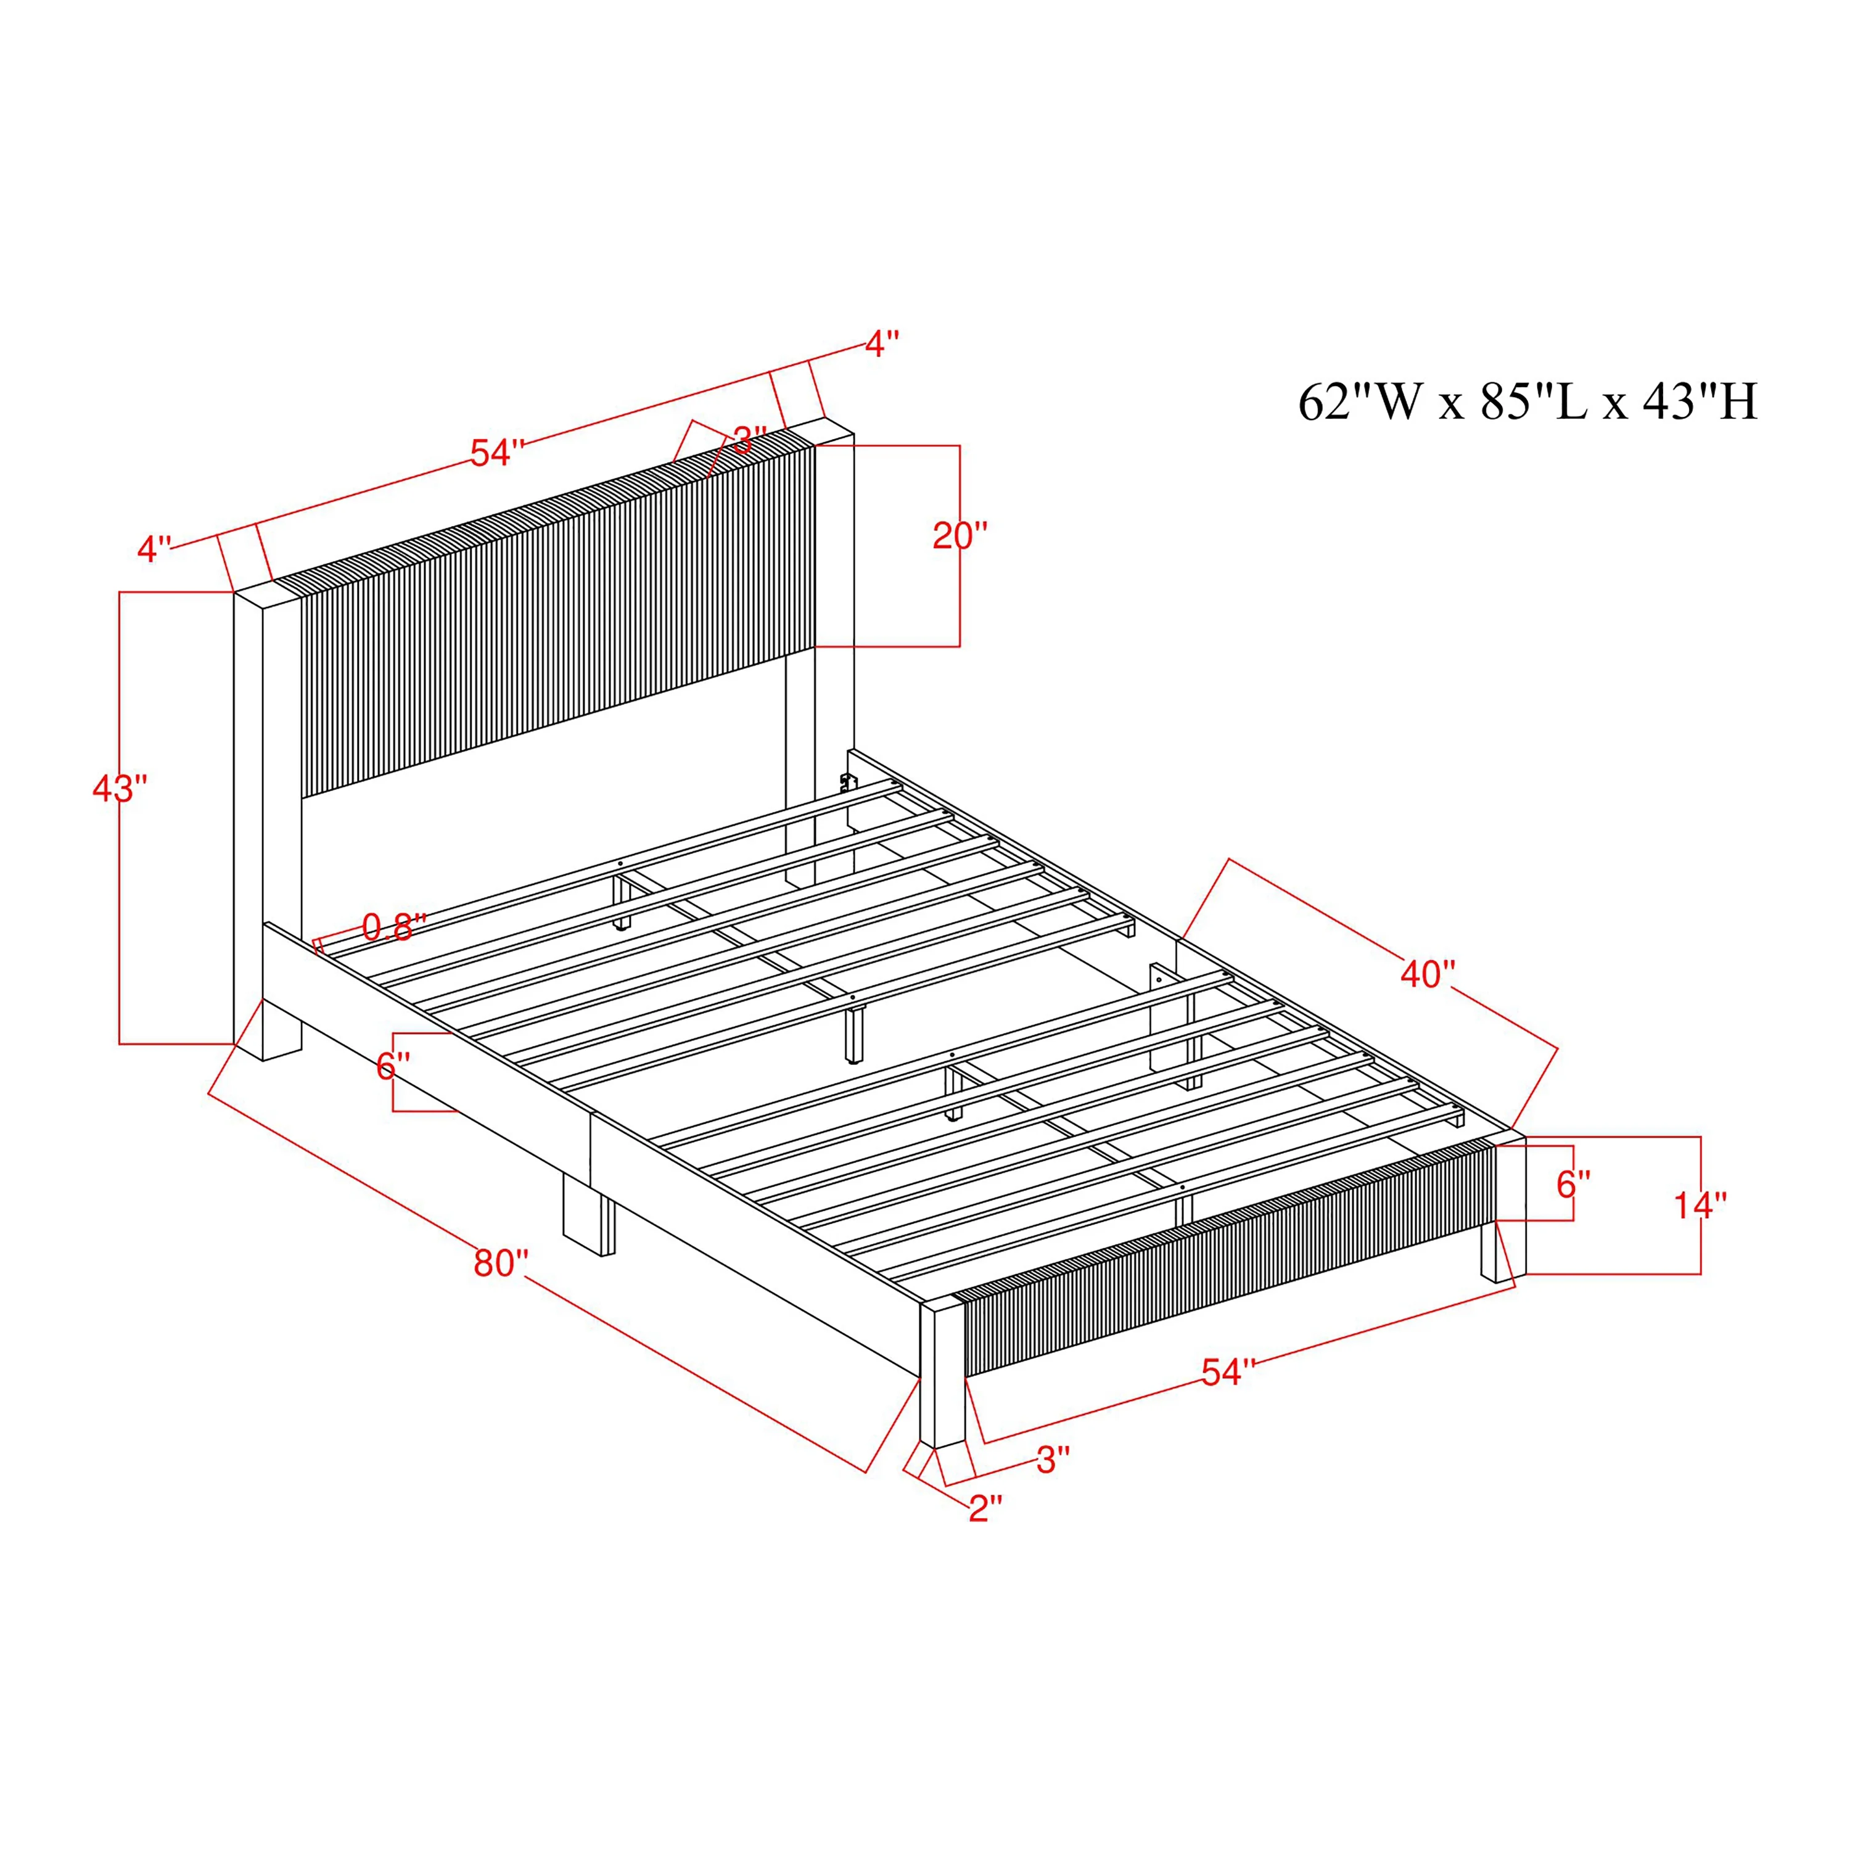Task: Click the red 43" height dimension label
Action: tap(120, 790)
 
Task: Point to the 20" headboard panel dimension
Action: tap(960, 536)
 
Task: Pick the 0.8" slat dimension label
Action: tap(393, 926)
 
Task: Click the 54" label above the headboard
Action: tap(497, 453)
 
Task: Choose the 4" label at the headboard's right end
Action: tap(882, 343)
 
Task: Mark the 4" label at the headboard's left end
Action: tap(154, 549)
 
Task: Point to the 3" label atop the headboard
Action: tap(750, 440)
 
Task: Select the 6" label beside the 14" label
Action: tap(1573, 1185)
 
